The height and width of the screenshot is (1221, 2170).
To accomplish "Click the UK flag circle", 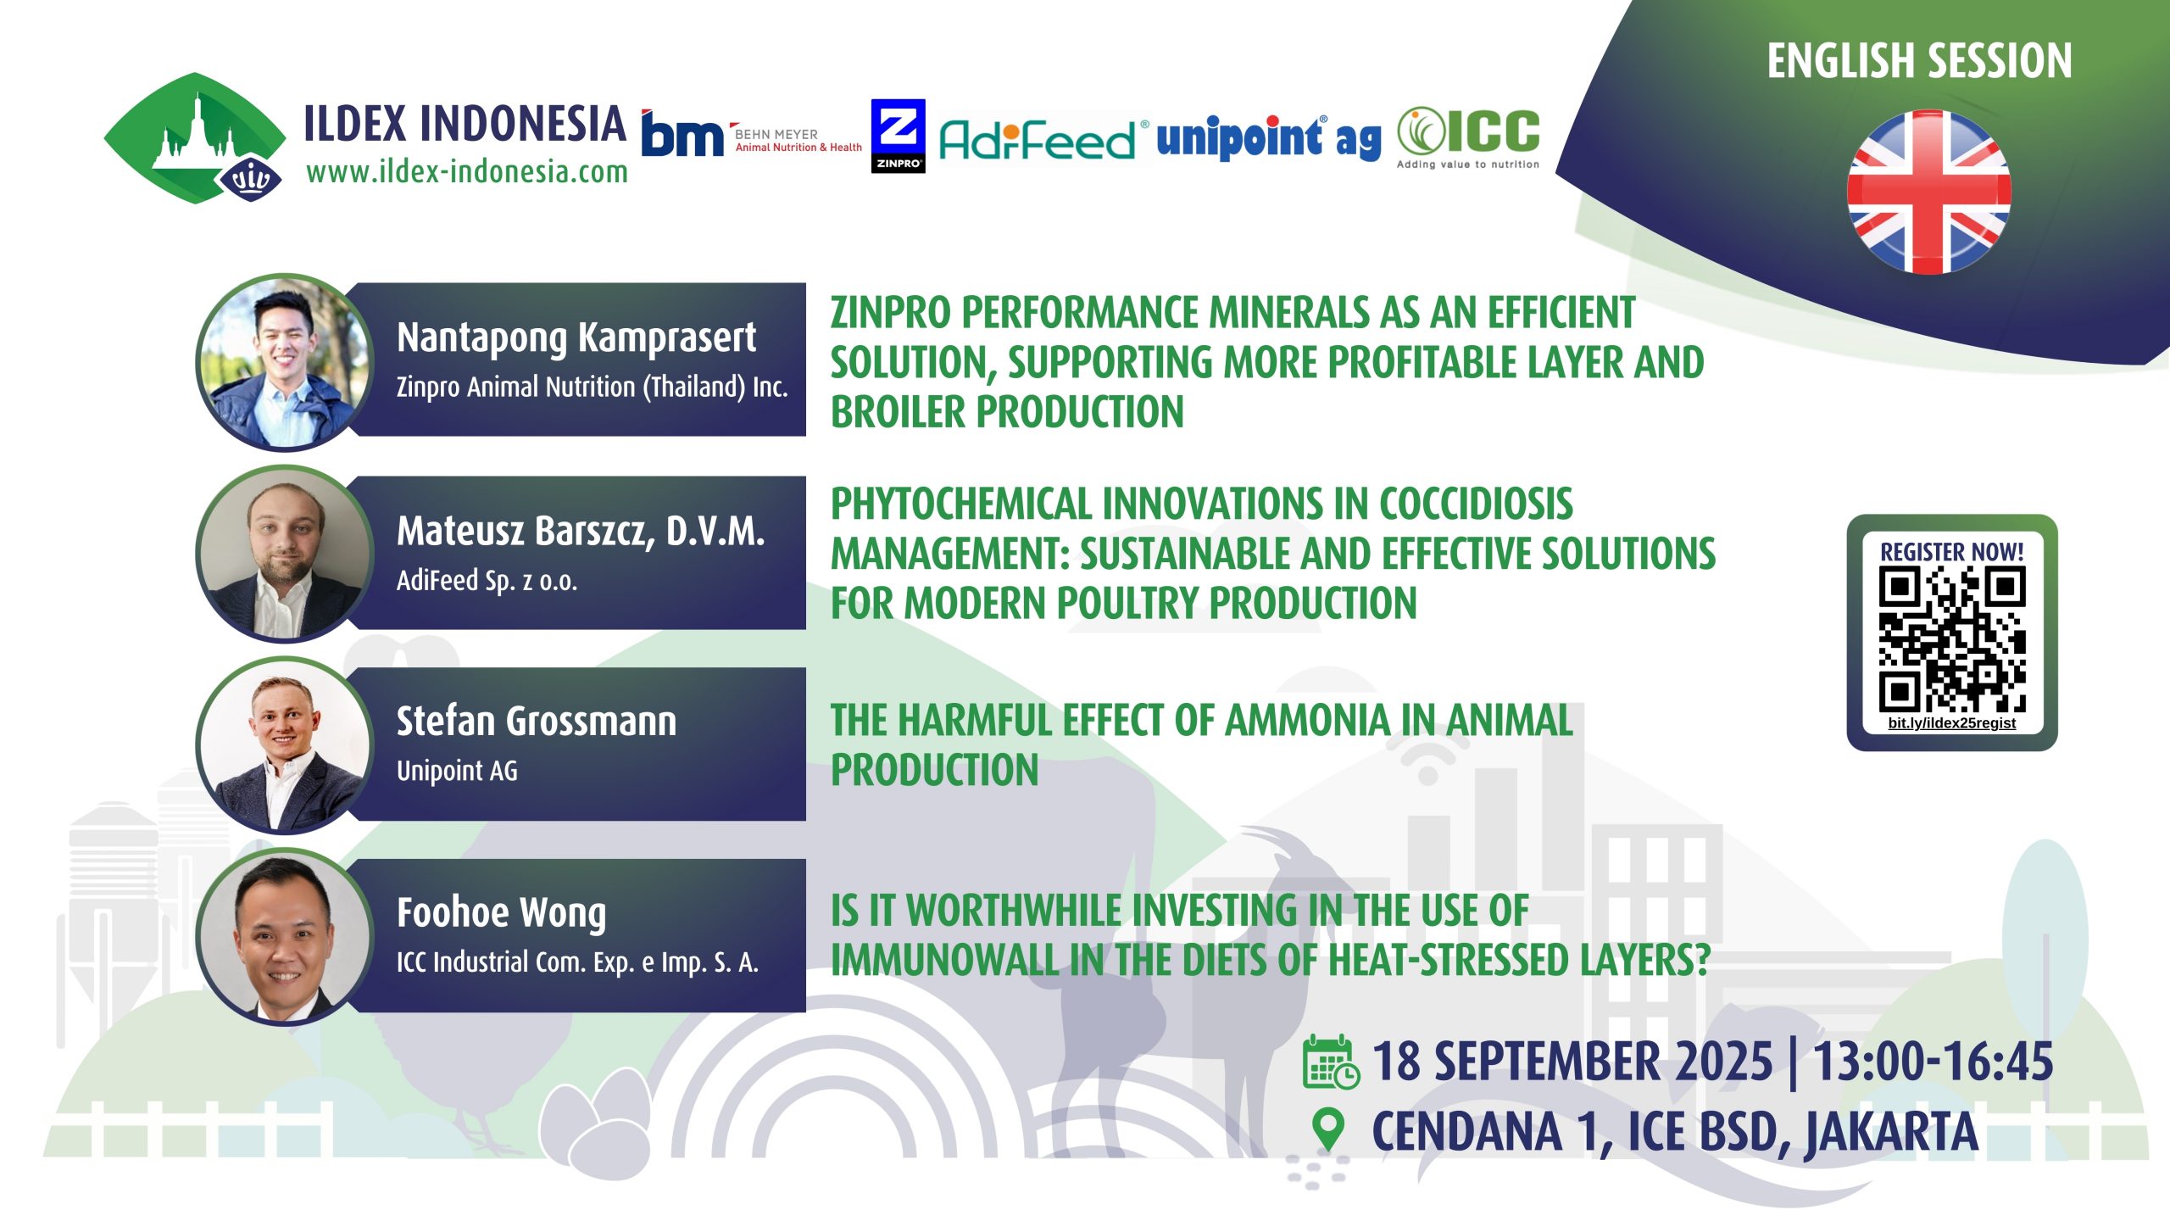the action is click(x=1928, y=192).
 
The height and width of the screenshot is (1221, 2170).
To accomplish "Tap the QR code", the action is click(x=1952, y=639).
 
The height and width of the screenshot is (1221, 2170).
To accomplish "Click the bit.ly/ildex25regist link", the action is click(x=1952, y=723).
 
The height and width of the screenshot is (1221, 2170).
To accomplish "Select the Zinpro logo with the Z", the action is click(x=898, y=136).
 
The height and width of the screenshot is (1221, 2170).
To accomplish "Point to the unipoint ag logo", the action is click(x=1268, y=137).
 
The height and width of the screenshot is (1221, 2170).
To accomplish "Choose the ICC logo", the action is click(x=1468, y=138).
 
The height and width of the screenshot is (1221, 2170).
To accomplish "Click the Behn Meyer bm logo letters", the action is click(x=682, y=135).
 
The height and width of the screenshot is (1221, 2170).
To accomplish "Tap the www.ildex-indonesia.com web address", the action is click(x=467, y=172).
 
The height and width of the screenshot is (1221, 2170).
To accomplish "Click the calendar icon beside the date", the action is click(x=1331, y=1062).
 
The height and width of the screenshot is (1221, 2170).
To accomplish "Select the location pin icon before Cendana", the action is click(x=1327, y=1130).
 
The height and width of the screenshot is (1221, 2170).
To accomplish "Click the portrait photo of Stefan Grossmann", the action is click(x=285, y=745).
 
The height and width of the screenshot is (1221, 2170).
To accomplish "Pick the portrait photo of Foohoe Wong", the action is click(x=285, y=937).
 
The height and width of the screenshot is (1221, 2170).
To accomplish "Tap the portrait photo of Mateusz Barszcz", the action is click(x=285, y=554).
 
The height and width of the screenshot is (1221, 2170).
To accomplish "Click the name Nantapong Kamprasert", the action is click(x=576, y=338).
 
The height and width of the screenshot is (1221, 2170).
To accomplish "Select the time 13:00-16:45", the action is click(x=1934, y=1062).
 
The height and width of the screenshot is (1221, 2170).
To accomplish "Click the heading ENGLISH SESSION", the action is click(x=1920, y=61).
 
